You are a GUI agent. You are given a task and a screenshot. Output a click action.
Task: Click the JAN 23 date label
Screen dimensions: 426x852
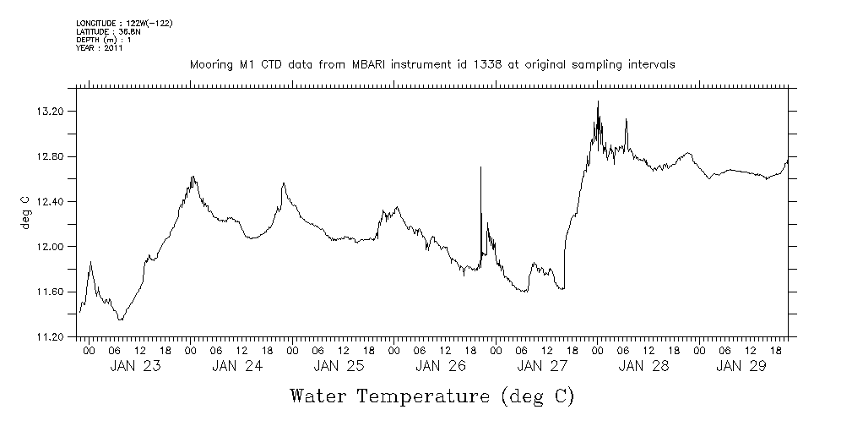[135, 367]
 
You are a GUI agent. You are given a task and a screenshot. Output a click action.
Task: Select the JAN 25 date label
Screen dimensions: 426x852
[338, 367]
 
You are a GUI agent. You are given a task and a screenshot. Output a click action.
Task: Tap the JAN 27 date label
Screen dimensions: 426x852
[541, 367]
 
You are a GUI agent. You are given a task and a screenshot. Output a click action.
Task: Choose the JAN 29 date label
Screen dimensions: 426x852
[741, 367]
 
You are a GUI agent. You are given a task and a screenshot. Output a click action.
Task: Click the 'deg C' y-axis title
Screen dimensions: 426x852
[24, 213]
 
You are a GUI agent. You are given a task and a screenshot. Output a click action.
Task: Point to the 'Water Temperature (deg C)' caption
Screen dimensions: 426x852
[432, 396]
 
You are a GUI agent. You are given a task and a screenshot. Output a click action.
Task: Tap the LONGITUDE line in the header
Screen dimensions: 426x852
[124, 23]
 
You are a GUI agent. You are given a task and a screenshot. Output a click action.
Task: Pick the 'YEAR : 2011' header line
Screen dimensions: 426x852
[100, 48]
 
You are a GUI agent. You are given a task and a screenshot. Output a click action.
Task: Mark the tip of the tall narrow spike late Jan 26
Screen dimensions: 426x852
[480, 167]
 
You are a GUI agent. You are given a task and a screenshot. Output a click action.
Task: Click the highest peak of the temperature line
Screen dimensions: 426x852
[598, 101]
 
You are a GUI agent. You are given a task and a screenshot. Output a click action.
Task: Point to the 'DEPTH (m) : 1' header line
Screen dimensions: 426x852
[103, 40]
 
